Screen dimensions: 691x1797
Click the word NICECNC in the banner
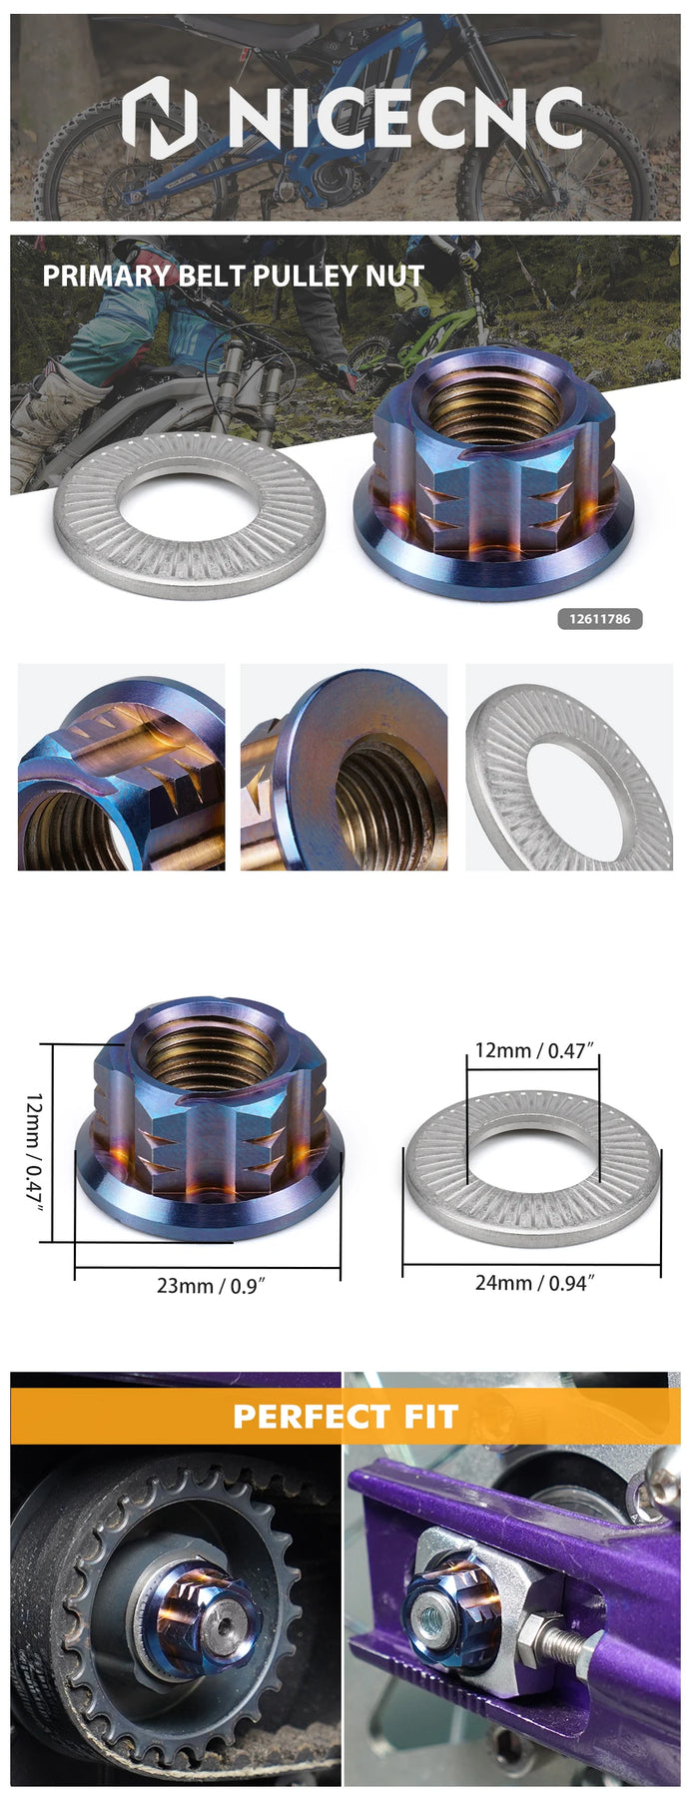404,118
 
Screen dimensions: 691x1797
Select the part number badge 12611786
599,619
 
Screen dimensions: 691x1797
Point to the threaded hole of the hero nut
488,403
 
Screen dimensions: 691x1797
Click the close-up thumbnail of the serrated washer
569,767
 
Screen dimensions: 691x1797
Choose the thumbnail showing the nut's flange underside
344,767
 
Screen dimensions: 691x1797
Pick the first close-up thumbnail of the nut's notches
121,767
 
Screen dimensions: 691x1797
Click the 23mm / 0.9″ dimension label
208,1286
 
